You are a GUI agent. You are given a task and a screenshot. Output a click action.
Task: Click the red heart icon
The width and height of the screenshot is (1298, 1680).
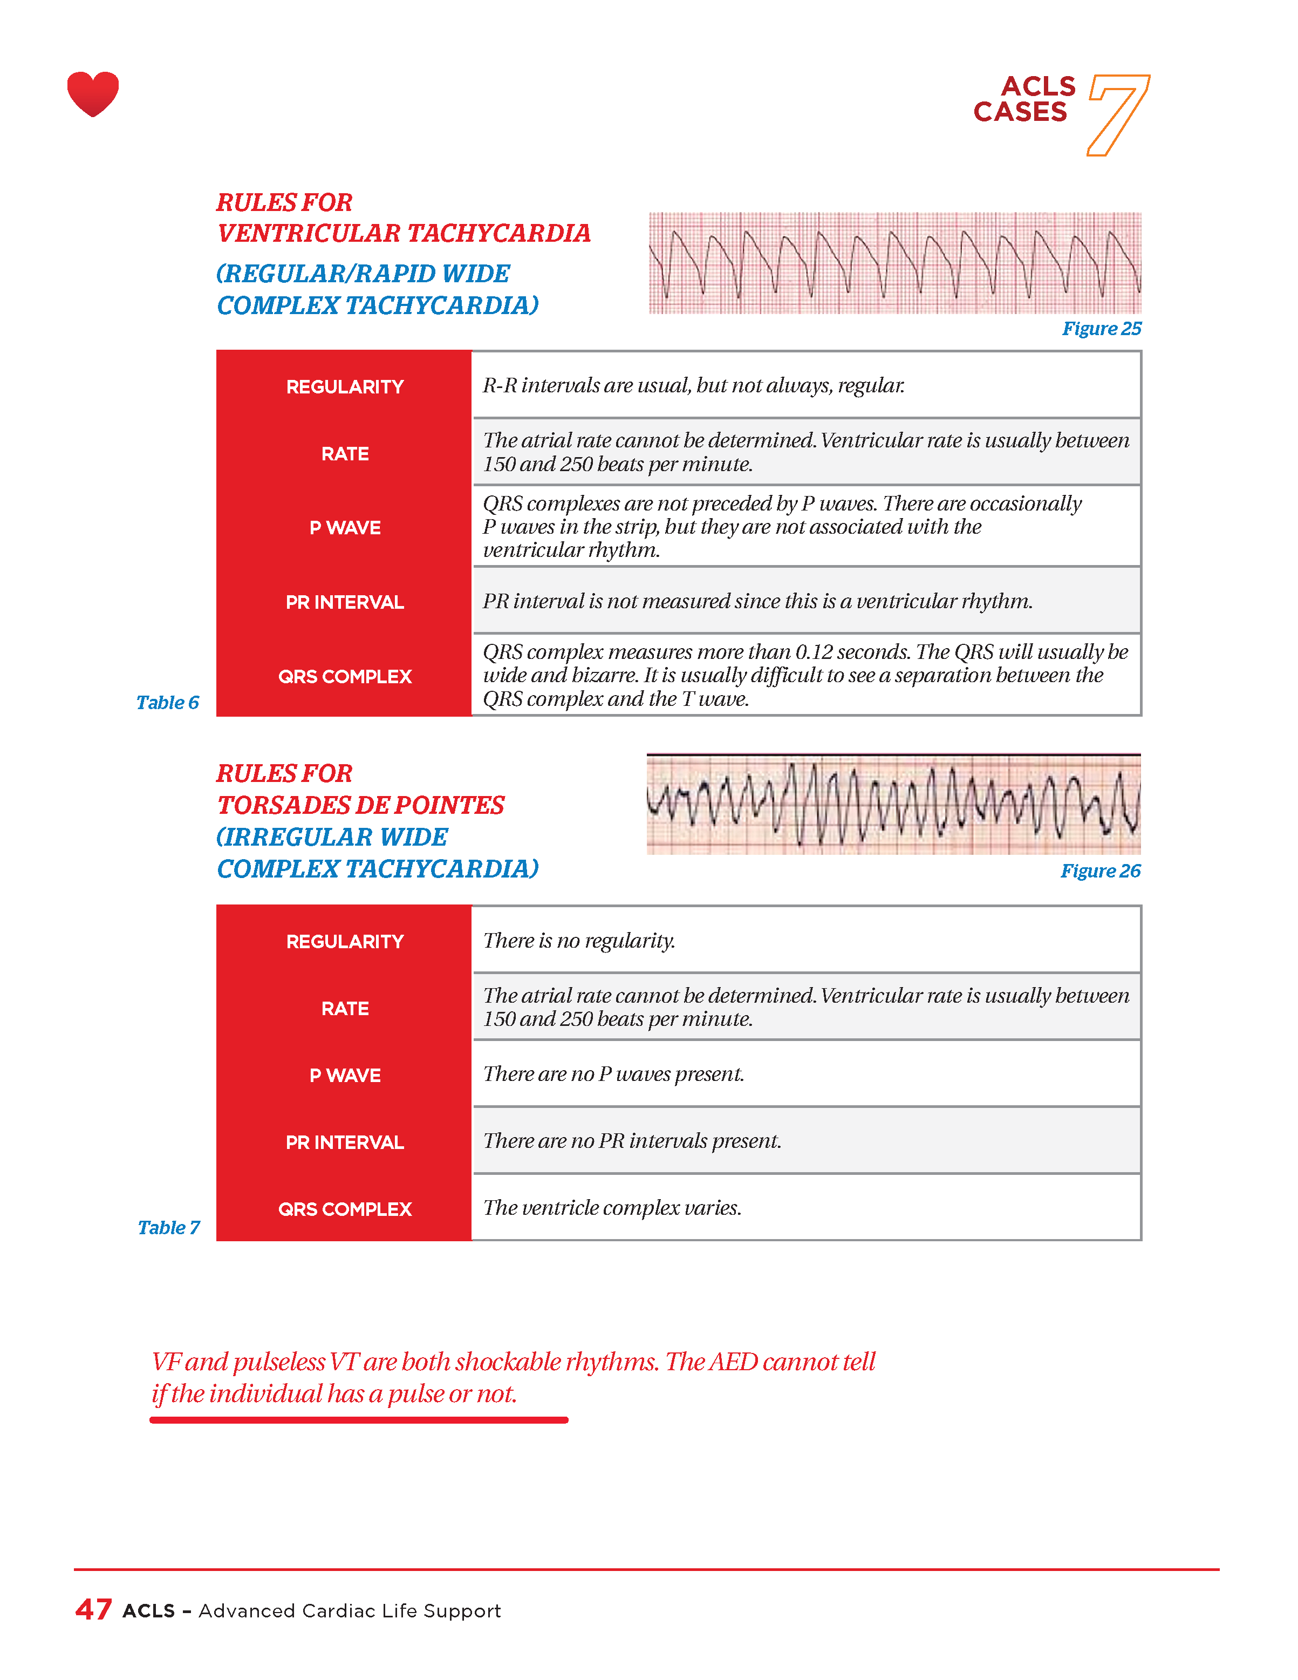pos(93,93)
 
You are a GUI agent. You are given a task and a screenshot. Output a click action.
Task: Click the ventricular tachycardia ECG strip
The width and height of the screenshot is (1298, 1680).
pos(894,263)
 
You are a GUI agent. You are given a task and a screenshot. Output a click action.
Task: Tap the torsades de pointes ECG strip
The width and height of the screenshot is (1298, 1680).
pos(893,805)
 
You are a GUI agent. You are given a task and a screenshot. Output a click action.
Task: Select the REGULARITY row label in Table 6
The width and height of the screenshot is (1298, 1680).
pos(345,387)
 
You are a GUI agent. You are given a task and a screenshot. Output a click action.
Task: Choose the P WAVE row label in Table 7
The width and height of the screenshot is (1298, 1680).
pos(345,1076)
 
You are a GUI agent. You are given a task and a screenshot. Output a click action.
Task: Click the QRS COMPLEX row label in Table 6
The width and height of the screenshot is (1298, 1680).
pos(345,677)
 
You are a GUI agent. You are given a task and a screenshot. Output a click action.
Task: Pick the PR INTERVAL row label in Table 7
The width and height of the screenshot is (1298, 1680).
pos(345,1142)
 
